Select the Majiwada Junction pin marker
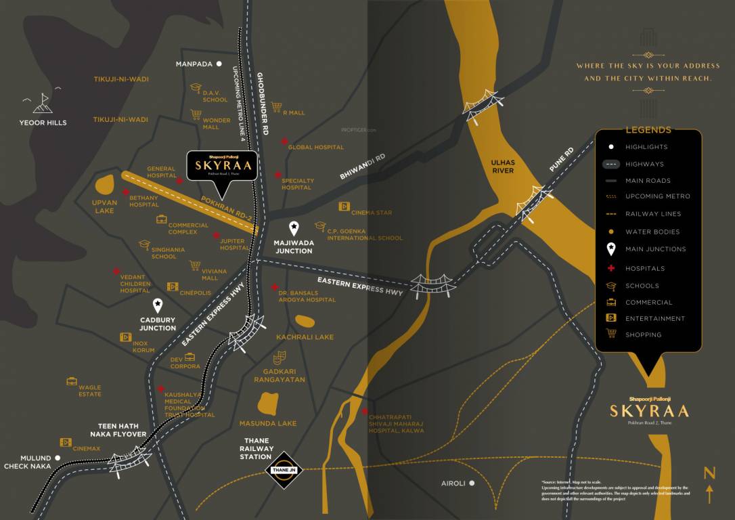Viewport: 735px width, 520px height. point(294,229)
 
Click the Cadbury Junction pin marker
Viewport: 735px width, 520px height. point(158,306)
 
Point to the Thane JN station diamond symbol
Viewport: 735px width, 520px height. point(284,470)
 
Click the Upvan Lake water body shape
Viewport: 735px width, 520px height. point(105,184)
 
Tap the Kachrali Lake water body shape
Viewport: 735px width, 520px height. point(305,321)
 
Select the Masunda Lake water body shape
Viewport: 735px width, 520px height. point(267,404)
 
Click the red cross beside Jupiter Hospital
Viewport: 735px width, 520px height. point(217,236)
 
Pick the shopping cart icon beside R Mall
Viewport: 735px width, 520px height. point(276,107)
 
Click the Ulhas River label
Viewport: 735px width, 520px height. point(503,167)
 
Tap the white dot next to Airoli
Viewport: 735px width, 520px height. point(472,483)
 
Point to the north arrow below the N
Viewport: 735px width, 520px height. point(709,494)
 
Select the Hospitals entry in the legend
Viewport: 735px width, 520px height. point(645,268)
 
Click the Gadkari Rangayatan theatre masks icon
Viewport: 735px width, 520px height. point(278,358)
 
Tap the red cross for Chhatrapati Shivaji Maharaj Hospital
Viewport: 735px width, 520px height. point(365,412)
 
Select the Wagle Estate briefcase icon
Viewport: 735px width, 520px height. point(72,381)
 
